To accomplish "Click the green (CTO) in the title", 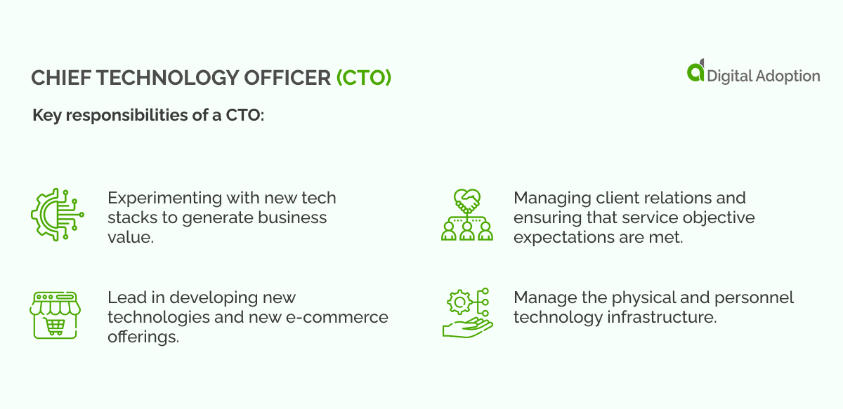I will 363,78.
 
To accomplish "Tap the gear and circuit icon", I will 56,215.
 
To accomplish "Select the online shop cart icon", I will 55,315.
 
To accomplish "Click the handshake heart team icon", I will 467,215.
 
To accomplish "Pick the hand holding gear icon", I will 467,314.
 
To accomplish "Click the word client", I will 610,198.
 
